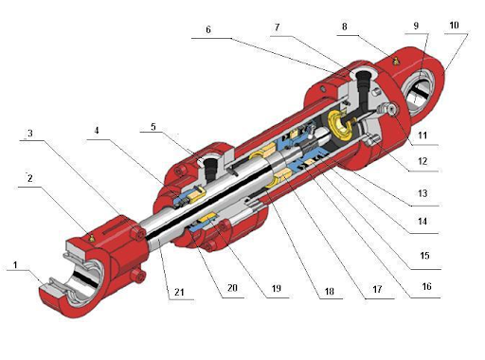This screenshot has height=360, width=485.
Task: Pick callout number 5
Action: click(x=153, y=127)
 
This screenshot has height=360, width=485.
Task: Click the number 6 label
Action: click(x=207, y=29)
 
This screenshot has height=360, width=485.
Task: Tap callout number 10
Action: click(x=452, y=23)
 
